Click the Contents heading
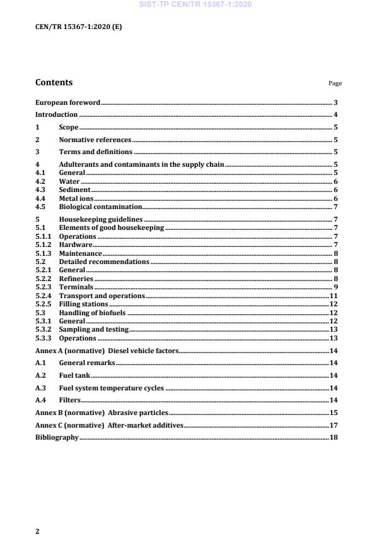click(x=54, y=82)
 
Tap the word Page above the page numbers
click(x=335, y=83)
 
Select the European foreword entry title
click(x=67, y=102)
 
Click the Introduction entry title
click(x=56, y=115)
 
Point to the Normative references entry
click(x=95, y=140)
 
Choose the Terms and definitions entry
click(x=95, y=152)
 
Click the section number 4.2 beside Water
click(x=40, y=181)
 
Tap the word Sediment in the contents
click(x=75, y=190)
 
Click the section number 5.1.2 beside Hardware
click(x=43, y=244)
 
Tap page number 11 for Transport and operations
click(x=335, y=296)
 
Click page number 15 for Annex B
click(x=335, y=412)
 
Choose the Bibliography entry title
click(x=57, y=437)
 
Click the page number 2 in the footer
click(x=37, y=532)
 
